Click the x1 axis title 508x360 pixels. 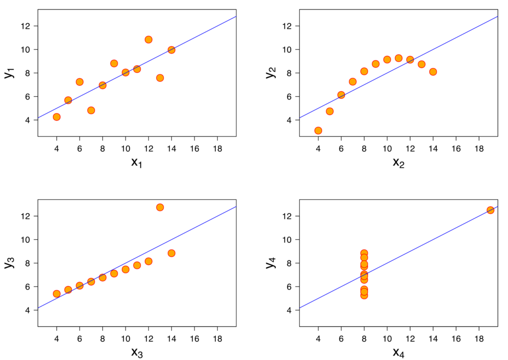(x=136, y=163)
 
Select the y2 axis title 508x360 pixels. (x=270, y=73)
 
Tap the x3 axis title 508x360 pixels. (x=136, y=353)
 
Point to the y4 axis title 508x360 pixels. (x=270, y=263)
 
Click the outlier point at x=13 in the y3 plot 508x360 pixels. (x=160, y=207)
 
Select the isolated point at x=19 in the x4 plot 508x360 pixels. (x=490, y=210)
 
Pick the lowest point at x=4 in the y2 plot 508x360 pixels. (x=318, y=130)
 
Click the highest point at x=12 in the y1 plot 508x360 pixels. (x=148, y=40)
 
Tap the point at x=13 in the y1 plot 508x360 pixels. (x=160, y=78)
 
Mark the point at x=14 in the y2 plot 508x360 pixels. (x=433, y=72)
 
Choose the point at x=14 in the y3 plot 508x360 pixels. (x=171, y=253)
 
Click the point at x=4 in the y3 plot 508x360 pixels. (x=57, y=294)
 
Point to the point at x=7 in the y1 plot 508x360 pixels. (x=91, y=110)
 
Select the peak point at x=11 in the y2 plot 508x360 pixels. (x=398, y=58)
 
